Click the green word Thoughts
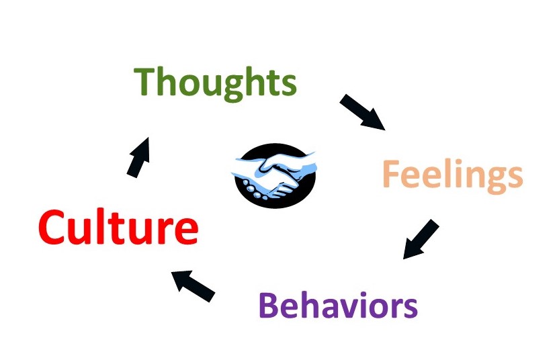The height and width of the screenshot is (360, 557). [x=216, y=83]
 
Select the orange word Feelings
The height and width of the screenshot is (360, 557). [x=452, y=175]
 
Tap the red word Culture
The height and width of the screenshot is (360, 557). [x=118, y=228]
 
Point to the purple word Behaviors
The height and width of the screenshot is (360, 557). [x=338, y=306]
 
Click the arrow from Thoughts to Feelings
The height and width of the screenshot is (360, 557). [x=362, y=111]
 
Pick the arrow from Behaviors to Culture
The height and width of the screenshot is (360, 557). [x=193, y=285]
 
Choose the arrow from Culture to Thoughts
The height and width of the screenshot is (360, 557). [x=138, y=156]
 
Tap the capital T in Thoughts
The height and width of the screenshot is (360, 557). [x=146, y=82]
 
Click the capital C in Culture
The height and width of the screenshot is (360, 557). [x=54, y=228]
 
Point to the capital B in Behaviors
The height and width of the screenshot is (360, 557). [x=269, y=306]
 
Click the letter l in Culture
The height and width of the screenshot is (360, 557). [x=108, y=227]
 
